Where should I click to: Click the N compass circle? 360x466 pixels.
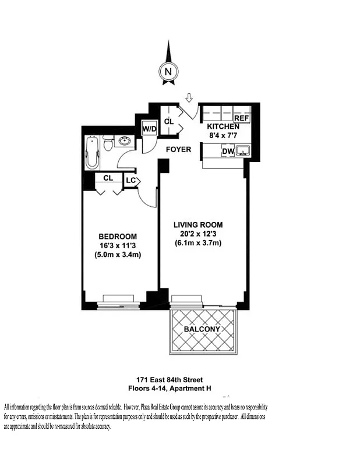coord(168,72)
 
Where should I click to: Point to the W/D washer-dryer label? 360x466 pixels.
coord(150,129)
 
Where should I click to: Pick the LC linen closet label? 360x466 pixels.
coord(130,180)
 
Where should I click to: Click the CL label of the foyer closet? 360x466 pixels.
coord(169,121)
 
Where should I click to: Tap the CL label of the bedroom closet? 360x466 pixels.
coord(108,178)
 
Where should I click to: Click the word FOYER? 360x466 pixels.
coord(178,150)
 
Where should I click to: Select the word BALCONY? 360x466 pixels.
coord(202,330)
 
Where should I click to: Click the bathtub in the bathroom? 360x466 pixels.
coord(91,153)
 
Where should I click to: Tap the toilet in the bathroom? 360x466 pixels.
coord(107,144)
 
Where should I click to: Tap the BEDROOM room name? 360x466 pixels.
coord(118,236)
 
